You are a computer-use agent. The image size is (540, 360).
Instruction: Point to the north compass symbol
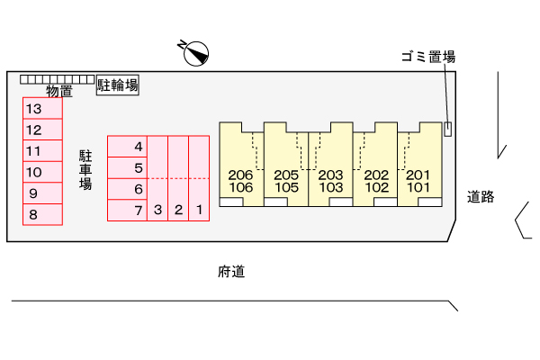(193, 53)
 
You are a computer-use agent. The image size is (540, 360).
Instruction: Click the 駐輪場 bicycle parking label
(118, 86)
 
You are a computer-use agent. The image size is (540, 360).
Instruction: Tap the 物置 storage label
(59, 91)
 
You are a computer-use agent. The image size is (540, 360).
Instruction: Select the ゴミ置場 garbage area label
(428, 57)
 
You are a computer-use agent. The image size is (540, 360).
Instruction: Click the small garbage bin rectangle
(447, 128)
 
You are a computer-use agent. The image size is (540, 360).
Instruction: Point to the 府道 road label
(231, 271)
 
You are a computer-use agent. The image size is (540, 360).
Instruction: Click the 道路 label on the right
(481, 196)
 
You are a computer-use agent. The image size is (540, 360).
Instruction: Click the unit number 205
(286, 175)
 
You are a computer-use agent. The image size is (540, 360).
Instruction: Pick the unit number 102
(375, 188)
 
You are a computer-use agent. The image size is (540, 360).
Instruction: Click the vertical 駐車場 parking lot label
(85, 169)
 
